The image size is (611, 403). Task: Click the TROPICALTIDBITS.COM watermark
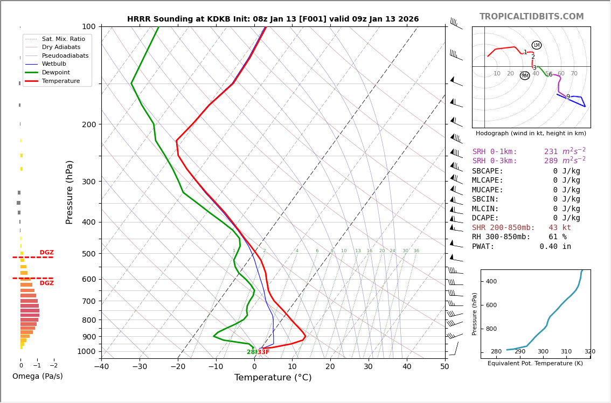coord(531,17)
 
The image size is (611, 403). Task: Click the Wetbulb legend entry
coord(53,64)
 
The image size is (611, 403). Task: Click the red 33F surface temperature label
coord(263,352)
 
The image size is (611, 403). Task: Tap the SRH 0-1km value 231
coord(551,152)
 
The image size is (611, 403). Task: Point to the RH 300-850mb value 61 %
coord(557,237)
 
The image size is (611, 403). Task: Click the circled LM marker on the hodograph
coord(537,45)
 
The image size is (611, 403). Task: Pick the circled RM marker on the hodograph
coord(525,76)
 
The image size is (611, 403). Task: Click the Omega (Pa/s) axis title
coord(38,377)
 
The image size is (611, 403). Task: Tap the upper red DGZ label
coord(47,253)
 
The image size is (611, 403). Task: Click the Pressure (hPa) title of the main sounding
coord(70,192)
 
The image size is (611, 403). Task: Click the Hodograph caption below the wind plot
coord(531,134)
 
